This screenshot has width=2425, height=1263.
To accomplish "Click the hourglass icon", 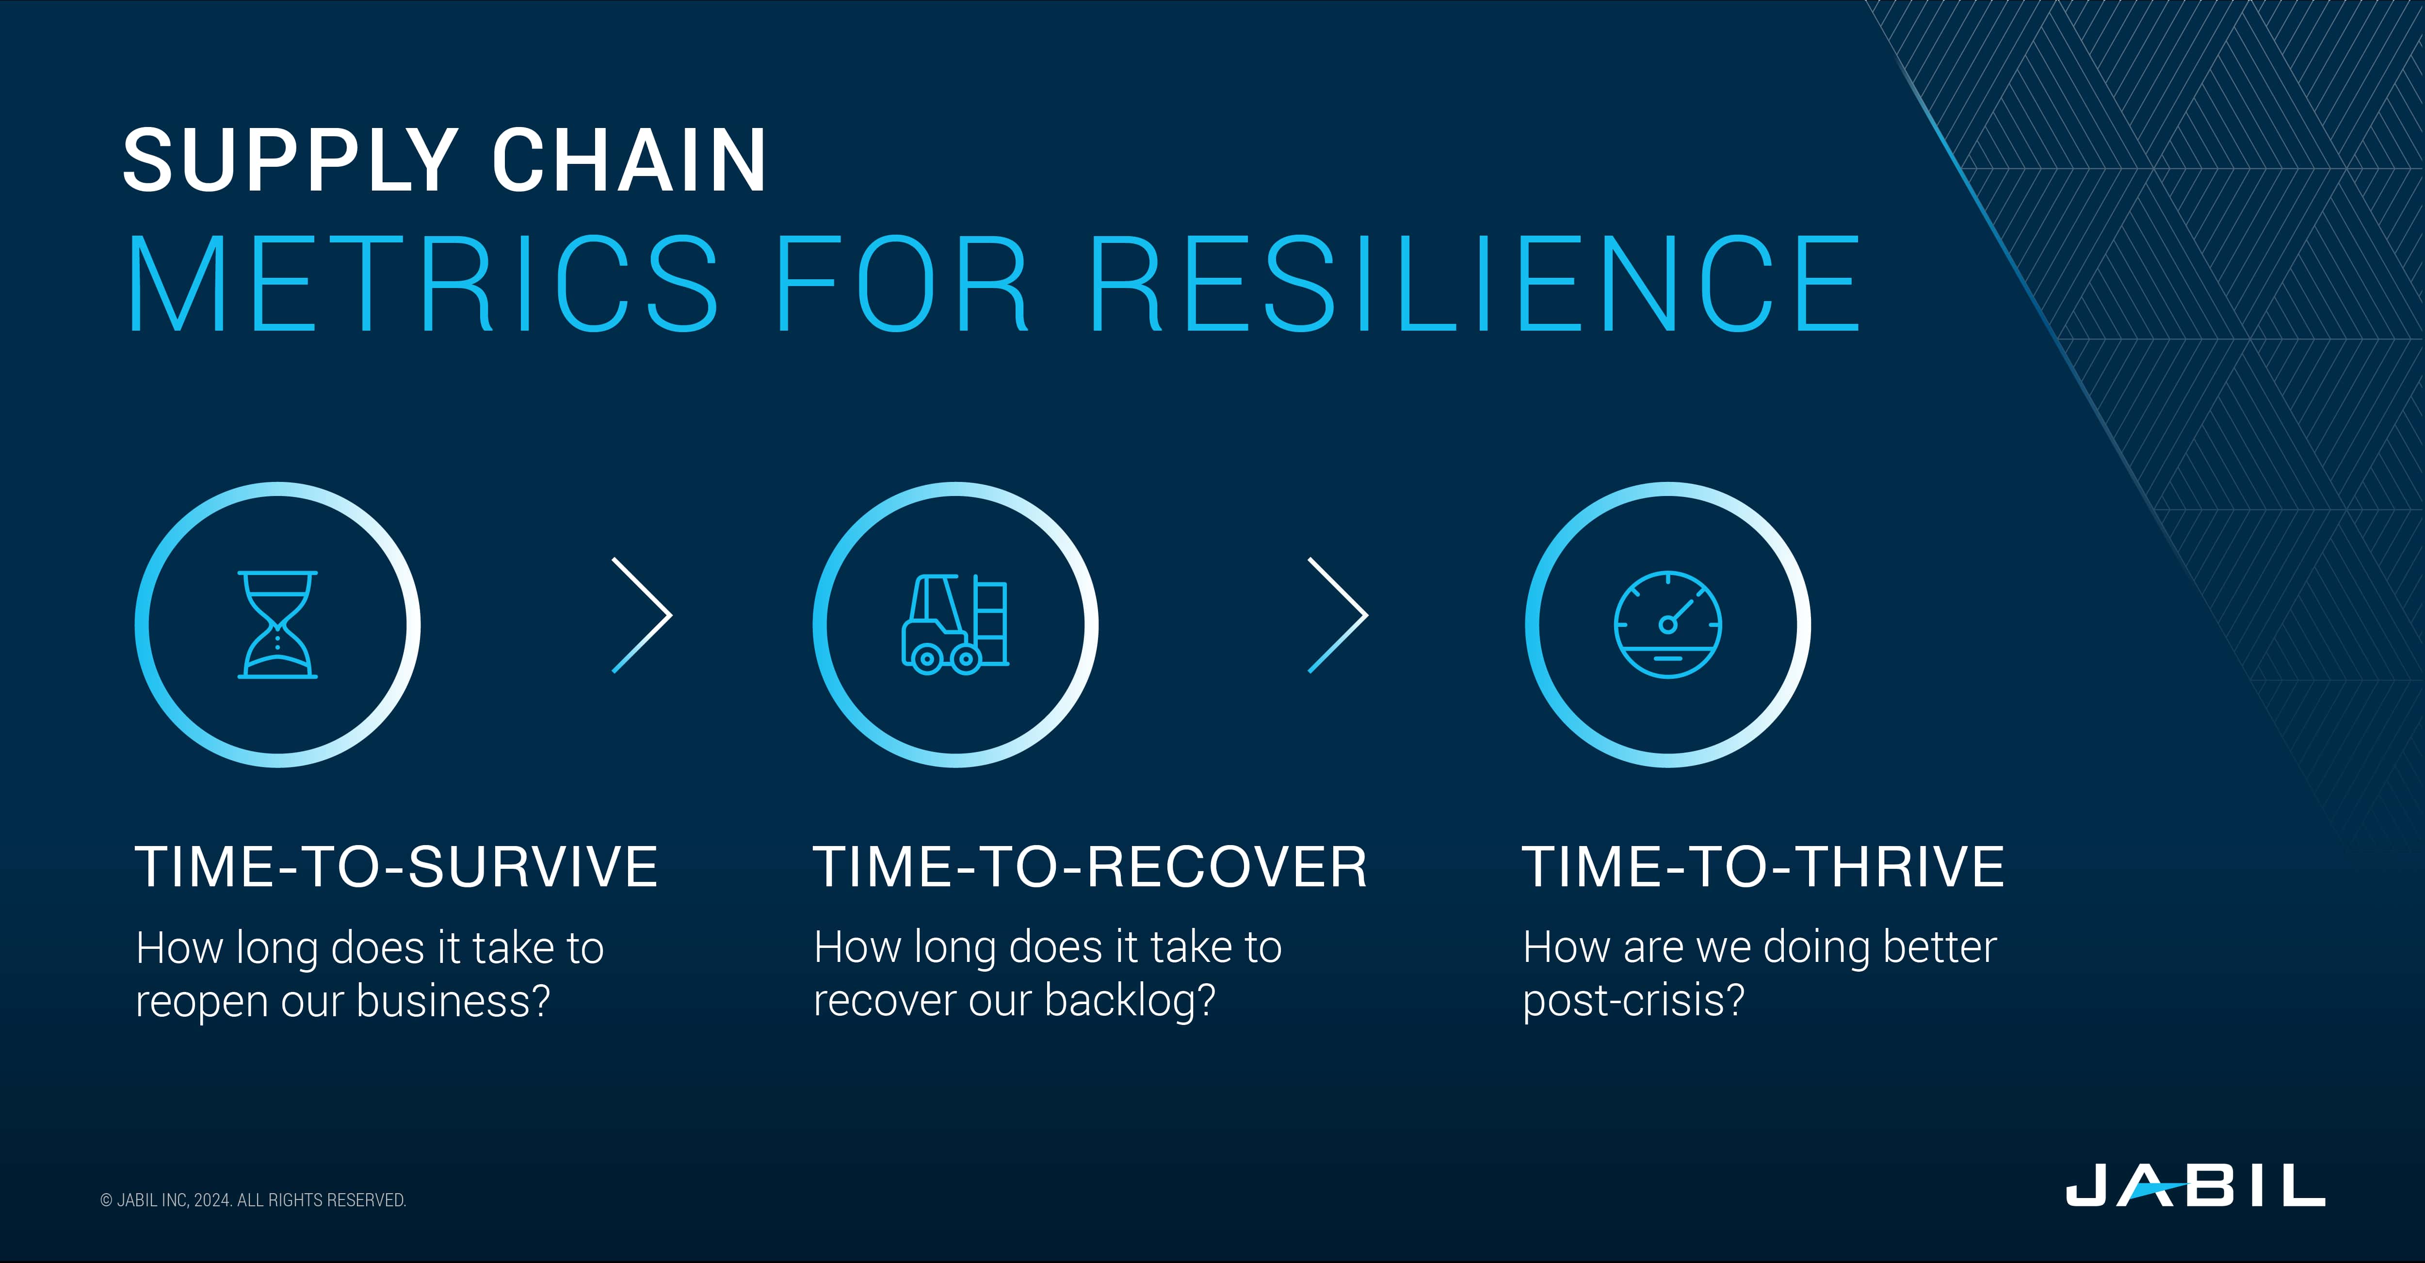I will [x=278, y=625].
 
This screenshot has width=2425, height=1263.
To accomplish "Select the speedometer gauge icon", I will [x=1667, y=625].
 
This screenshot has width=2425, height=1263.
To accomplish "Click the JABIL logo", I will [x=2194, y=1185].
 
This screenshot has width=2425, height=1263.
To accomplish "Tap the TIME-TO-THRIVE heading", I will [x=1763, y=867].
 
